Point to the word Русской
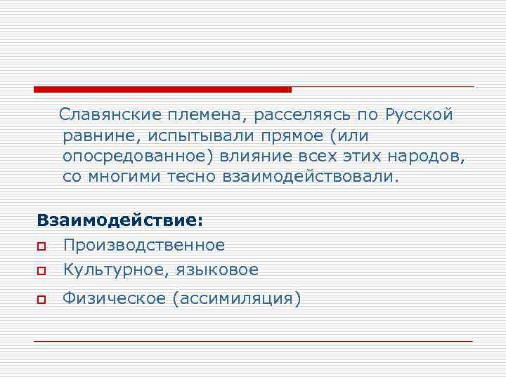pyautogui.click(x=420, y=114)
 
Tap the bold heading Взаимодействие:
pyautogui.click(x=119, y=220)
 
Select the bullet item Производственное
pyautogui.click(x=143, y=245)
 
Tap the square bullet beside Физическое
pyautogui.click(x=41, y=300)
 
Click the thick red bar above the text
pyautogui.click(x=162, y=89)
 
